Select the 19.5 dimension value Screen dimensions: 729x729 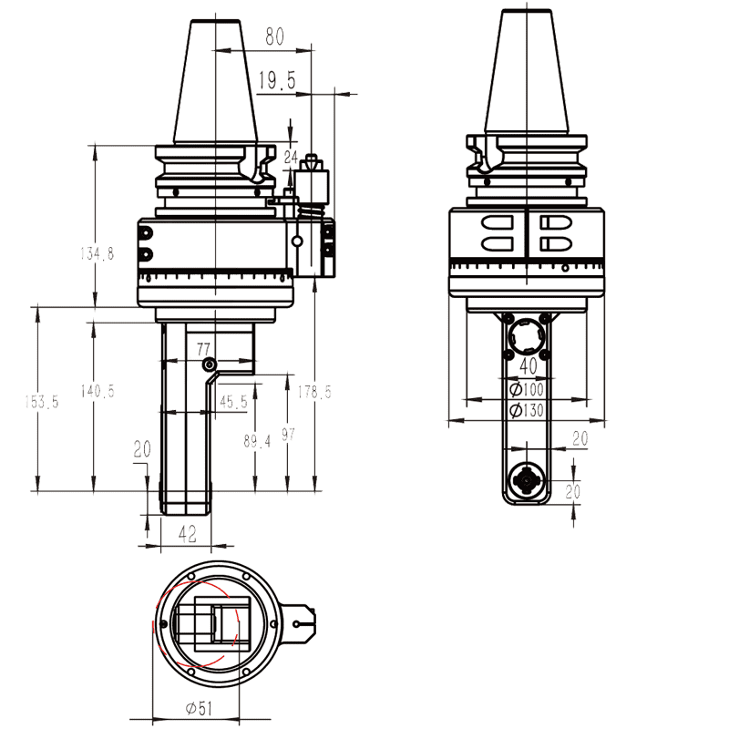point(276,82)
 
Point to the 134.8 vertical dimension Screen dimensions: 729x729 point(97,254)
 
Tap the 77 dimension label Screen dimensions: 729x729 point(203,348)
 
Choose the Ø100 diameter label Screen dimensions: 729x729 point(529,389)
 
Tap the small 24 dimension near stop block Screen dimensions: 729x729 point(291,157)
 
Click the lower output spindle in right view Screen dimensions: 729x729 point(528,479)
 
